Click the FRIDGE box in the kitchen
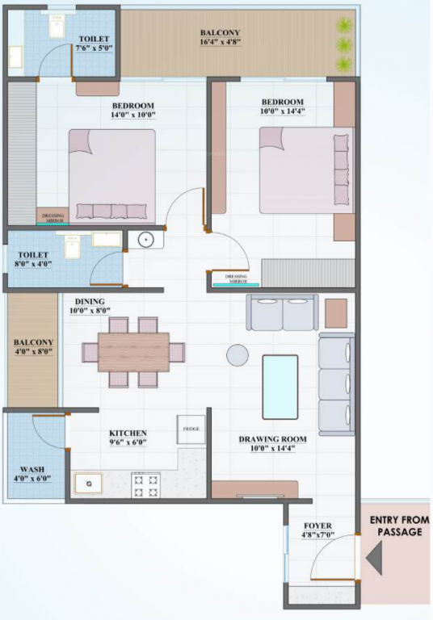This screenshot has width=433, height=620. (x=191, y=429)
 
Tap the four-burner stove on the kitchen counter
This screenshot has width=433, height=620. (x=145, y=484)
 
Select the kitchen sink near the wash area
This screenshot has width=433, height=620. (x=88, y=484)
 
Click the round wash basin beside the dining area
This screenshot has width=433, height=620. (x=145, y=239)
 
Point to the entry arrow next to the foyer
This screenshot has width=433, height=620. (x=373, y=558)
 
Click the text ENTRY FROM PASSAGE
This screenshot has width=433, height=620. (x=399, y=526)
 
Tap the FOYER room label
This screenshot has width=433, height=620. (x=316, y=526)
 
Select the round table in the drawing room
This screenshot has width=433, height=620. (x=238, y=354)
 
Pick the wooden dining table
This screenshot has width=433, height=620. (x=133, y=352)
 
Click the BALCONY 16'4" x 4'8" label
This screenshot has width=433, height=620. (x=220, y=38)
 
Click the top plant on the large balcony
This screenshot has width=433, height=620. (x=345, y=26)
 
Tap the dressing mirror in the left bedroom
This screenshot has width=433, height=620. (x=53, y=216)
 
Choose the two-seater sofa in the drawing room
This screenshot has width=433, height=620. (x=284, y=312)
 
